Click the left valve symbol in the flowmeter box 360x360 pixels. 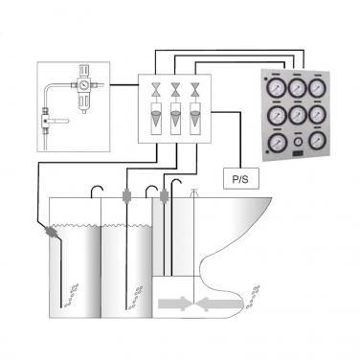tap(153, 91)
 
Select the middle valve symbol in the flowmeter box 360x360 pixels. tap(175, 91)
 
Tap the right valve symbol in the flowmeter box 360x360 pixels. tap(196, 91)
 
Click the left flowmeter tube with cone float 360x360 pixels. tap(153, 121)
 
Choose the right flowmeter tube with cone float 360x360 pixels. tap(196, 121)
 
